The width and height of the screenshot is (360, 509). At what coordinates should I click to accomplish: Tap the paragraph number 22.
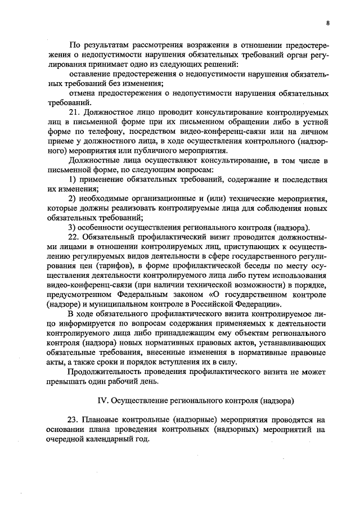tap(74, 237)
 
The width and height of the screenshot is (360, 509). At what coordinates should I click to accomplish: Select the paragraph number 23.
tap(73, 420)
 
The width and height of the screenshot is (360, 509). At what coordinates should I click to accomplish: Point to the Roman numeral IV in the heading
tap(102, 400)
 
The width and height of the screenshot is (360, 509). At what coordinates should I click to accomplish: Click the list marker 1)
tap(72, 179)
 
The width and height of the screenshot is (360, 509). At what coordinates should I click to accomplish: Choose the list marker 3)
tap(72, 227)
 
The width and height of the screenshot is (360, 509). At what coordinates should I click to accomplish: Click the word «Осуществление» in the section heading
tap(141, 400)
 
